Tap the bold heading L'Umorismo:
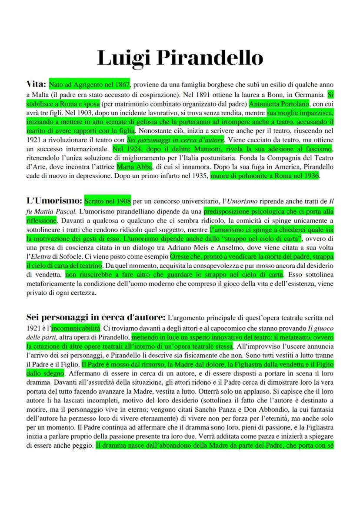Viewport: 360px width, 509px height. (54, 201)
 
